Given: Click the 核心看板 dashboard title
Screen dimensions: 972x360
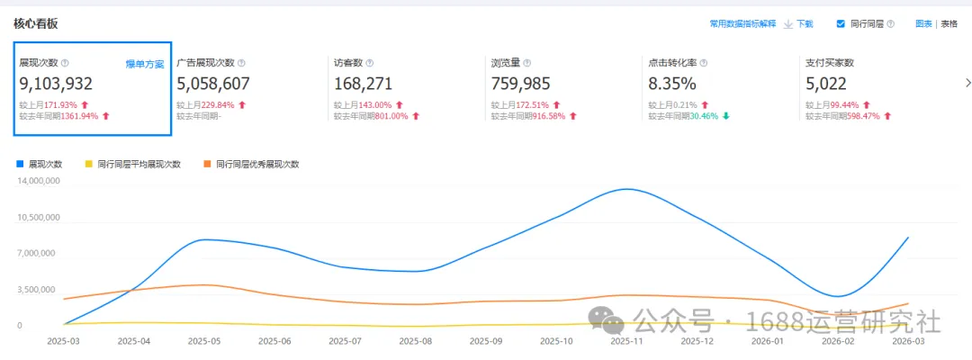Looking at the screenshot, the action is [x=36, y=23].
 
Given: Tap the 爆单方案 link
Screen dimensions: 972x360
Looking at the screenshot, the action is [x=145, y=64].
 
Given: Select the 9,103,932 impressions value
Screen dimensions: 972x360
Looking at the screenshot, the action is [x=57, y=84].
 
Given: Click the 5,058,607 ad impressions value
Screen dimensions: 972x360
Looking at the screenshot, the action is [x=213, y=84].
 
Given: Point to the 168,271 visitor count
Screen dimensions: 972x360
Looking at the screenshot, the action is [x=364, y=84].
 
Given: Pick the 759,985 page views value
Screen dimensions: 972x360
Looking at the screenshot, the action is [x=520, y=84].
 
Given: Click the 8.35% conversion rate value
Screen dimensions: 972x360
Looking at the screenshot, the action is [x=672, y=84].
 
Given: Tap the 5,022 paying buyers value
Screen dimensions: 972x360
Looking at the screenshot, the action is [x=825, y=84].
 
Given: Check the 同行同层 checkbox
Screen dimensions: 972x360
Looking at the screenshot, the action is [x=841, y=24].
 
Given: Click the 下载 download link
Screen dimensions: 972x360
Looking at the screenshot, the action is [x=805, y=24].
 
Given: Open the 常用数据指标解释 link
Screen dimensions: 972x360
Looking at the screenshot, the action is [x=742, y=24].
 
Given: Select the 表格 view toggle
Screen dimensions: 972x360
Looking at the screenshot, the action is [x=949, y=24].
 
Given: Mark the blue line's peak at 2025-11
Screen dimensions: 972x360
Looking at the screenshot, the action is [x=626, y=189].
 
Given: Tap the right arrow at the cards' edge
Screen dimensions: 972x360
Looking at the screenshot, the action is [x=967, y=83].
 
